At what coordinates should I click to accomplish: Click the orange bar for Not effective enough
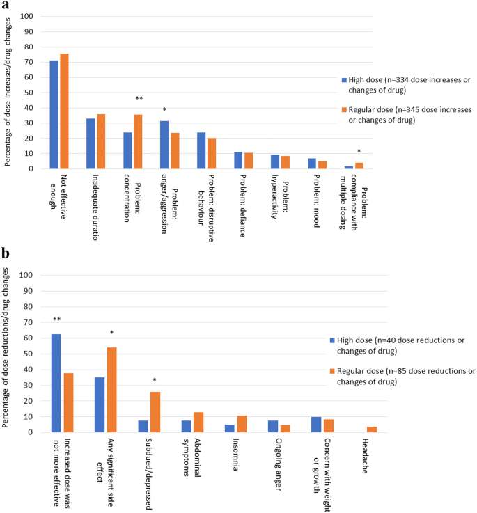[64, 111]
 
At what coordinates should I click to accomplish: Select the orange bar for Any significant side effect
[111, 390]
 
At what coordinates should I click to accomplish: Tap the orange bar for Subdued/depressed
[155, 411]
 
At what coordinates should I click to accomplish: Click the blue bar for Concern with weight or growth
[315, 425]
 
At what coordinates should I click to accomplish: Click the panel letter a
[5, 6]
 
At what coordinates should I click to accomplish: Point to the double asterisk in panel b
[56, 320]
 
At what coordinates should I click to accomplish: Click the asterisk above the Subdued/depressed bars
[155, 380]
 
